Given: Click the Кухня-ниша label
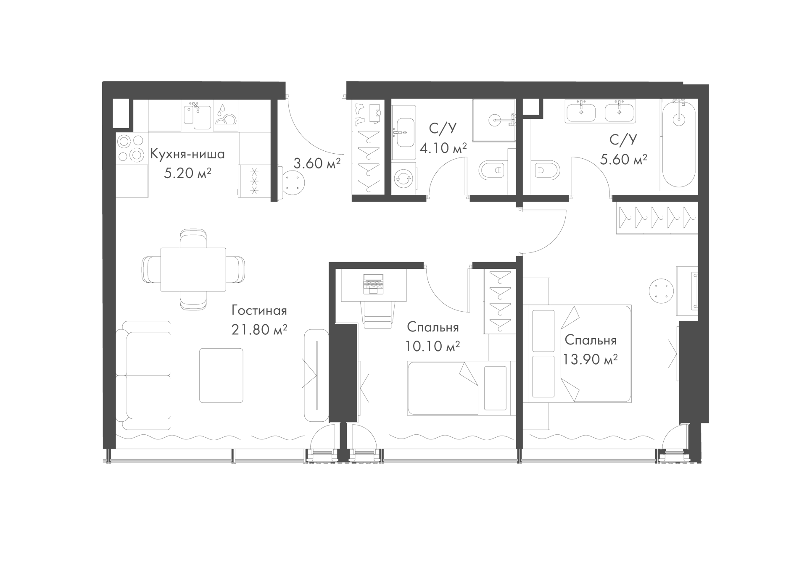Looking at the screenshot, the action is (x=187, y=154).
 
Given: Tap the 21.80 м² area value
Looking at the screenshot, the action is (x=259, y=330).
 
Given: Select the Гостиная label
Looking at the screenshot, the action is (x=259, y=311).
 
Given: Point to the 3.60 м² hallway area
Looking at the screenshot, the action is (x=316, y=163).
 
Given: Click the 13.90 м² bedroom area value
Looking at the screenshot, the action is (x=591, y=359).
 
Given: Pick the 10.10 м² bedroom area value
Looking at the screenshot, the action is (x=433, y=346).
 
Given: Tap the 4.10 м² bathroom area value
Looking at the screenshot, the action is (x=443, y=148).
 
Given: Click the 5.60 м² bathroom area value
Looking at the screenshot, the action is (x=623, y=159).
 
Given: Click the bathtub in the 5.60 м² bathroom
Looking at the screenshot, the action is (x=679, y=145).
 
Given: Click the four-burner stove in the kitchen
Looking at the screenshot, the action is (x=132, y=148).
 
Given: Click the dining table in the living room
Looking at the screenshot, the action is (x=193, y=269).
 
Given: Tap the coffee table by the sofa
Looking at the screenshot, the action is (x=221, y=376).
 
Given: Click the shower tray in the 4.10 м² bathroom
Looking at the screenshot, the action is (x=494, y=120).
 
